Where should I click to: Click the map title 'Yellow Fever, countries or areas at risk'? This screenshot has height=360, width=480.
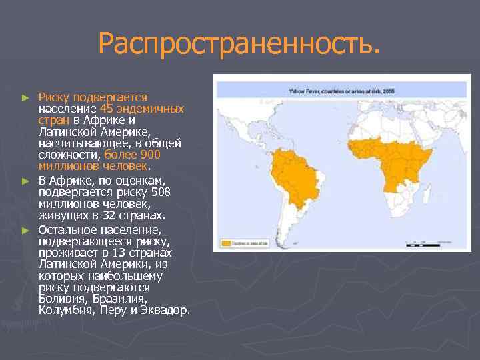click(342, 89)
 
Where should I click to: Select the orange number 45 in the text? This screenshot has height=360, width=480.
click(107, 109)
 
